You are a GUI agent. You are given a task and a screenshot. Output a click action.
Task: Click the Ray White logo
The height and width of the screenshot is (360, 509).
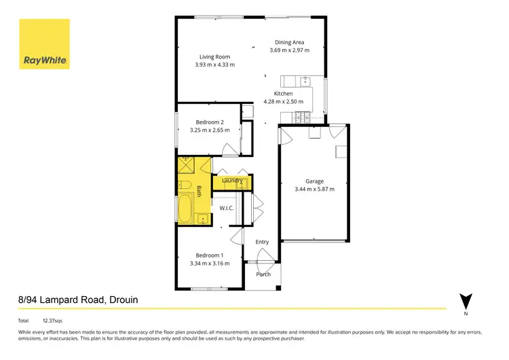click(45, 44)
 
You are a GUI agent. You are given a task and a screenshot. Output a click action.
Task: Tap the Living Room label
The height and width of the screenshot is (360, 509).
click(214, 57)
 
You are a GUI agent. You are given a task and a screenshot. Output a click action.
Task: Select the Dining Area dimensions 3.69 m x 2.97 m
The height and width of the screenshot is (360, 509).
click(289, 50)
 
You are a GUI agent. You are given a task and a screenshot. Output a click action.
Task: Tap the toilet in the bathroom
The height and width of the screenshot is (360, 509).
click(184, 185)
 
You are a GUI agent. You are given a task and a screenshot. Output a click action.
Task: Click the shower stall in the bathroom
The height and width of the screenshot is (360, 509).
click(185, 166)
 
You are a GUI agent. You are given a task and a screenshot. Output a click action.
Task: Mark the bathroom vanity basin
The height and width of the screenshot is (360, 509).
click(202, 219)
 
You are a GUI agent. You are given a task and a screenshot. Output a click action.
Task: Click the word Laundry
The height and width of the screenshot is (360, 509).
click(232, 181)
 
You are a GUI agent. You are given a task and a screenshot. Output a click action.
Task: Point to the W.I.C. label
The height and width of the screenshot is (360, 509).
click(226, 208)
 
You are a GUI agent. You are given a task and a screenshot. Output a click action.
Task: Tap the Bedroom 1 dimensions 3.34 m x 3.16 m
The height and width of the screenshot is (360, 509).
click(210, 263)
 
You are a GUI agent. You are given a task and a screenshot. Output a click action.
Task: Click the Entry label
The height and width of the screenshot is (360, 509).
click(262, 242)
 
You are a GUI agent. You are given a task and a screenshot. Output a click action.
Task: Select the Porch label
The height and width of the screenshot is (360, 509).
click(263, 274)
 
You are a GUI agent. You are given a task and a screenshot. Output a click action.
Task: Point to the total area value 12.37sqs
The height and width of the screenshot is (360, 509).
click(52, 320)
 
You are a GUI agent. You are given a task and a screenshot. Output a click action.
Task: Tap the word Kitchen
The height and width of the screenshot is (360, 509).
click(283, 94)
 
